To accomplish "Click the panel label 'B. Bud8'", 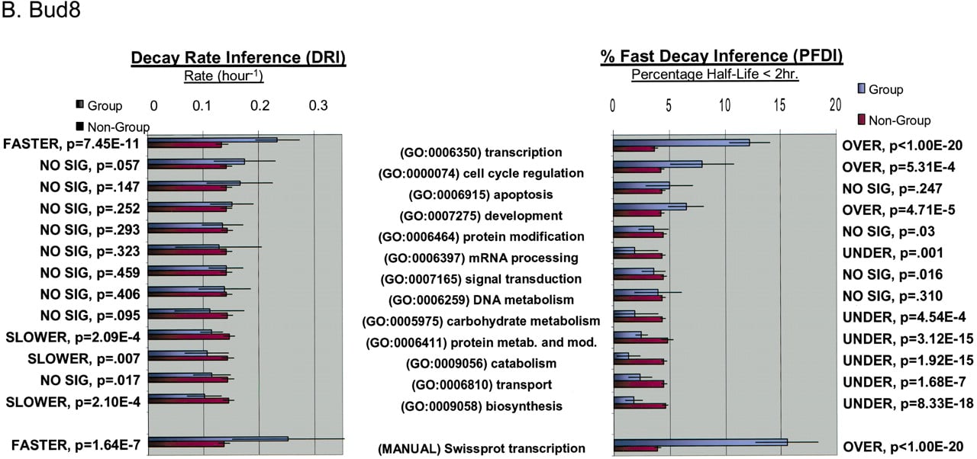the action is [x=41, y=10].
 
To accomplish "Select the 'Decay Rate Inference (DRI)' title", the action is [x=238, y=57].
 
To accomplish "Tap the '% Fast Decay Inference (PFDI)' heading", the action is [x=721, y=56].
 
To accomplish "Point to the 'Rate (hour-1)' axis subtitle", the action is [x=224, y=75].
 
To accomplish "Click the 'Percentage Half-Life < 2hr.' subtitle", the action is [x=715, y=74].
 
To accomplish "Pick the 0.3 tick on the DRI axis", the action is [x=318, y=105].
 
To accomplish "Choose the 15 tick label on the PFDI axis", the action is [x=780, y=105].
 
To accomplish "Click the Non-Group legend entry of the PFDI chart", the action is [x=895, y=120].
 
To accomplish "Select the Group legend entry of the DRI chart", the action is [x=99, y=105].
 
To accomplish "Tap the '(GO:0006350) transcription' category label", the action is [x=481, y=152].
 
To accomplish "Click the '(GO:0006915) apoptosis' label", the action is [x=481, y=194].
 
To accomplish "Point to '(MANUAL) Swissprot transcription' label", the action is [x=481, y=448].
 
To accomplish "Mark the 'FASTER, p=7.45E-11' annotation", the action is [x=71, y=143].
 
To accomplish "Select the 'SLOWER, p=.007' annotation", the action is [x=84, y=358].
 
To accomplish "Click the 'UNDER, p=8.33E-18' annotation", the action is [x=908, y=403].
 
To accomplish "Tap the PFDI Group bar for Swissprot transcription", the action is [x=701, y=442].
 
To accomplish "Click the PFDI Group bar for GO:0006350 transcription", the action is [x=682, y=143].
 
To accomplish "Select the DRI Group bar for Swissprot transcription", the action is [x=218, y=439].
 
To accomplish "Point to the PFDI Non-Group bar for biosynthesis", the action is [x=640, y=406].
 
